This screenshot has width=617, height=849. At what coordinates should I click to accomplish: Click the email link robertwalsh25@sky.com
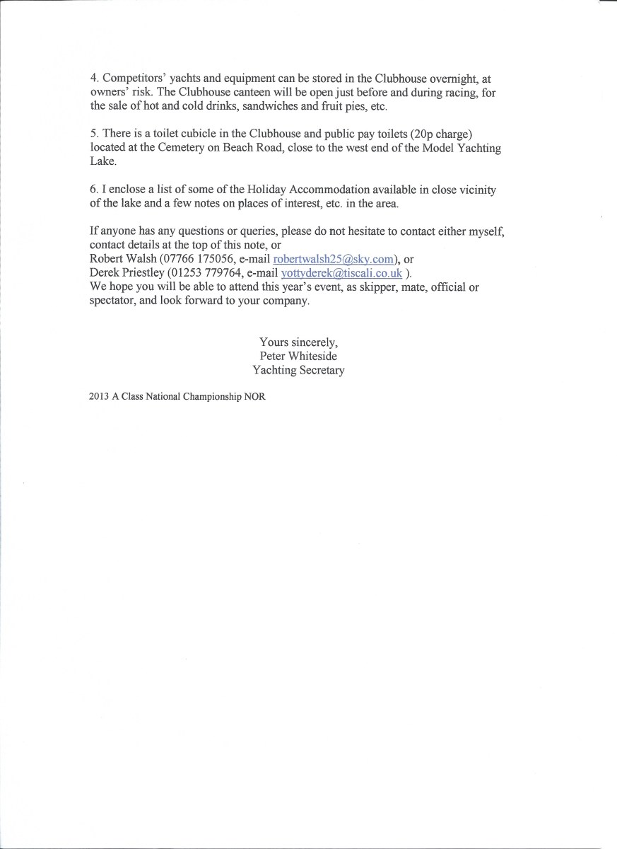[334, 259]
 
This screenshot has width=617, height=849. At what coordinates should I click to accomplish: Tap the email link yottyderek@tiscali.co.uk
[341, 272]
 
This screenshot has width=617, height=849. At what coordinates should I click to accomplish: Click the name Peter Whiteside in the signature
[298, 356]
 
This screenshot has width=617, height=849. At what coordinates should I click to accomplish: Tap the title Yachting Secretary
[298, 369]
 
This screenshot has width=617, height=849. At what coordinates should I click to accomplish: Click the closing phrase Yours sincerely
[298, 342]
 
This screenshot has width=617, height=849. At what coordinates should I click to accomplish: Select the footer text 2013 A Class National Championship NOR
[177, 397]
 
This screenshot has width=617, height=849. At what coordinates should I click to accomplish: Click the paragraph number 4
[93, 79]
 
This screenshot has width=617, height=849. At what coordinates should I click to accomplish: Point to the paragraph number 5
[93, 134]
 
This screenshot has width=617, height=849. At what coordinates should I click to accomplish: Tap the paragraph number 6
[93, 189]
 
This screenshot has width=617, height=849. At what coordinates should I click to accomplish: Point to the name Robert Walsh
[115, 259]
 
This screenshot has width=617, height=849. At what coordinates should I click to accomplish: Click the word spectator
[117, 300]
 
